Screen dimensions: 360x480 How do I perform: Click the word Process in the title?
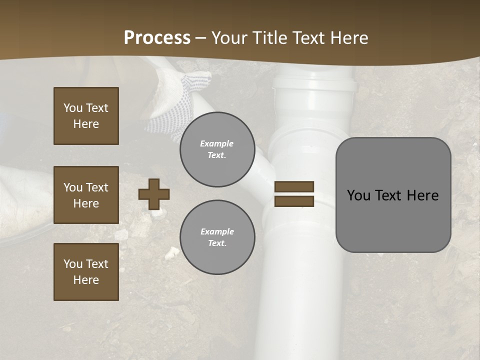pyautogui.click(x=157, y=38)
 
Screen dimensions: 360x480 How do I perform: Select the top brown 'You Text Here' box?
pyautogui.click(x=86, y=116)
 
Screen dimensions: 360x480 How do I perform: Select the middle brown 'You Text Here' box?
pyautogui.click(x=86, y=195)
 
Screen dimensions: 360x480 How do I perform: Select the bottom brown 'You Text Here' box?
pyautogui.click(x=86, y=271)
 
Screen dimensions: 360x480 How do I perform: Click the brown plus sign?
pyautogui.click(x=154, y=194)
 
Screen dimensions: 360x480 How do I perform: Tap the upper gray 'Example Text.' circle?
pyautogui.click(x=217, y=149)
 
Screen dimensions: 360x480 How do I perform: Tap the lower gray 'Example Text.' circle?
pyautogui.click(x=217, y=237)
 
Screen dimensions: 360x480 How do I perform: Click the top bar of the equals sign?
pyautogui.click(x=294, y=186)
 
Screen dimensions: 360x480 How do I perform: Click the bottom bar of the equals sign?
pyautogui.click(x=294, y=201)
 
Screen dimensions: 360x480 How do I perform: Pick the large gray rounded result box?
pyautogui.click(x=393, y=195)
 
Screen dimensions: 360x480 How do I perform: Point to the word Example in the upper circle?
pyautogui.click(x=216, y=143)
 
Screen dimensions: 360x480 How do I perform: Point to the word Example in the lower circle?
pyautogui.click(x=217, y=231)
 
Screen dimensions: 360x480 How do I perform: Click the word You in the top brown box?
pyautogui.click(x=72, y=108)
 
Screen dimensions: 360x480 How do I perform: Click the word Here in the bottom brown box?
pyautogui.click(x=86, y=280)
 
